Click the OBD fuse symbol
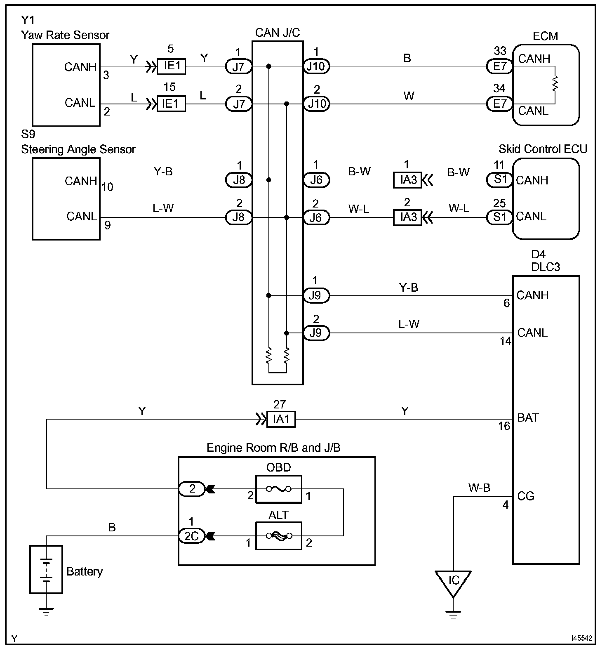(x=278, y=489)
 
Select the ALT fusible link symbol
(x=278, y=536)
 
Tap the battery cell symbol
(x=46, y=570)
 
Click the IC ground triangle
(x=453, y=582)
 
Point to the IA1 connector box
(x=281, y=420)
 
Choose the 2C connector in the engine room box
(x=192, y=536)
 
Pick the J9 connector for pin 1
(x=316, y=295)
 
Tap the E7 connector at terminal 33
(x=499, y=66)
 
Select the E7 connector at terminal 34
(x=499, y=104)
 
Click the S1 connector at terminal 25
(x=499, y=217)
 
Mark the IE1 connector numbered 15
(x=171, y=104)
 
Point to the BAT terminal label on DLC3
(x=528, y=417)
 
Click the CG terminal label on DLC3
(x=526, y=496)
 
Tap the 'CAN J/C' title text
(x=278, y=33)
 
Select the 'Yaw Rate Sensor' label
(x=65, y=35)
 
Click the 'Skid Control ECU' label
(x=543, y=149)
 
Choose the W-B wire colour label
(x=479, y=488)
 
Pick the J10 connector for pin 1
(x=316, y=66)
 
